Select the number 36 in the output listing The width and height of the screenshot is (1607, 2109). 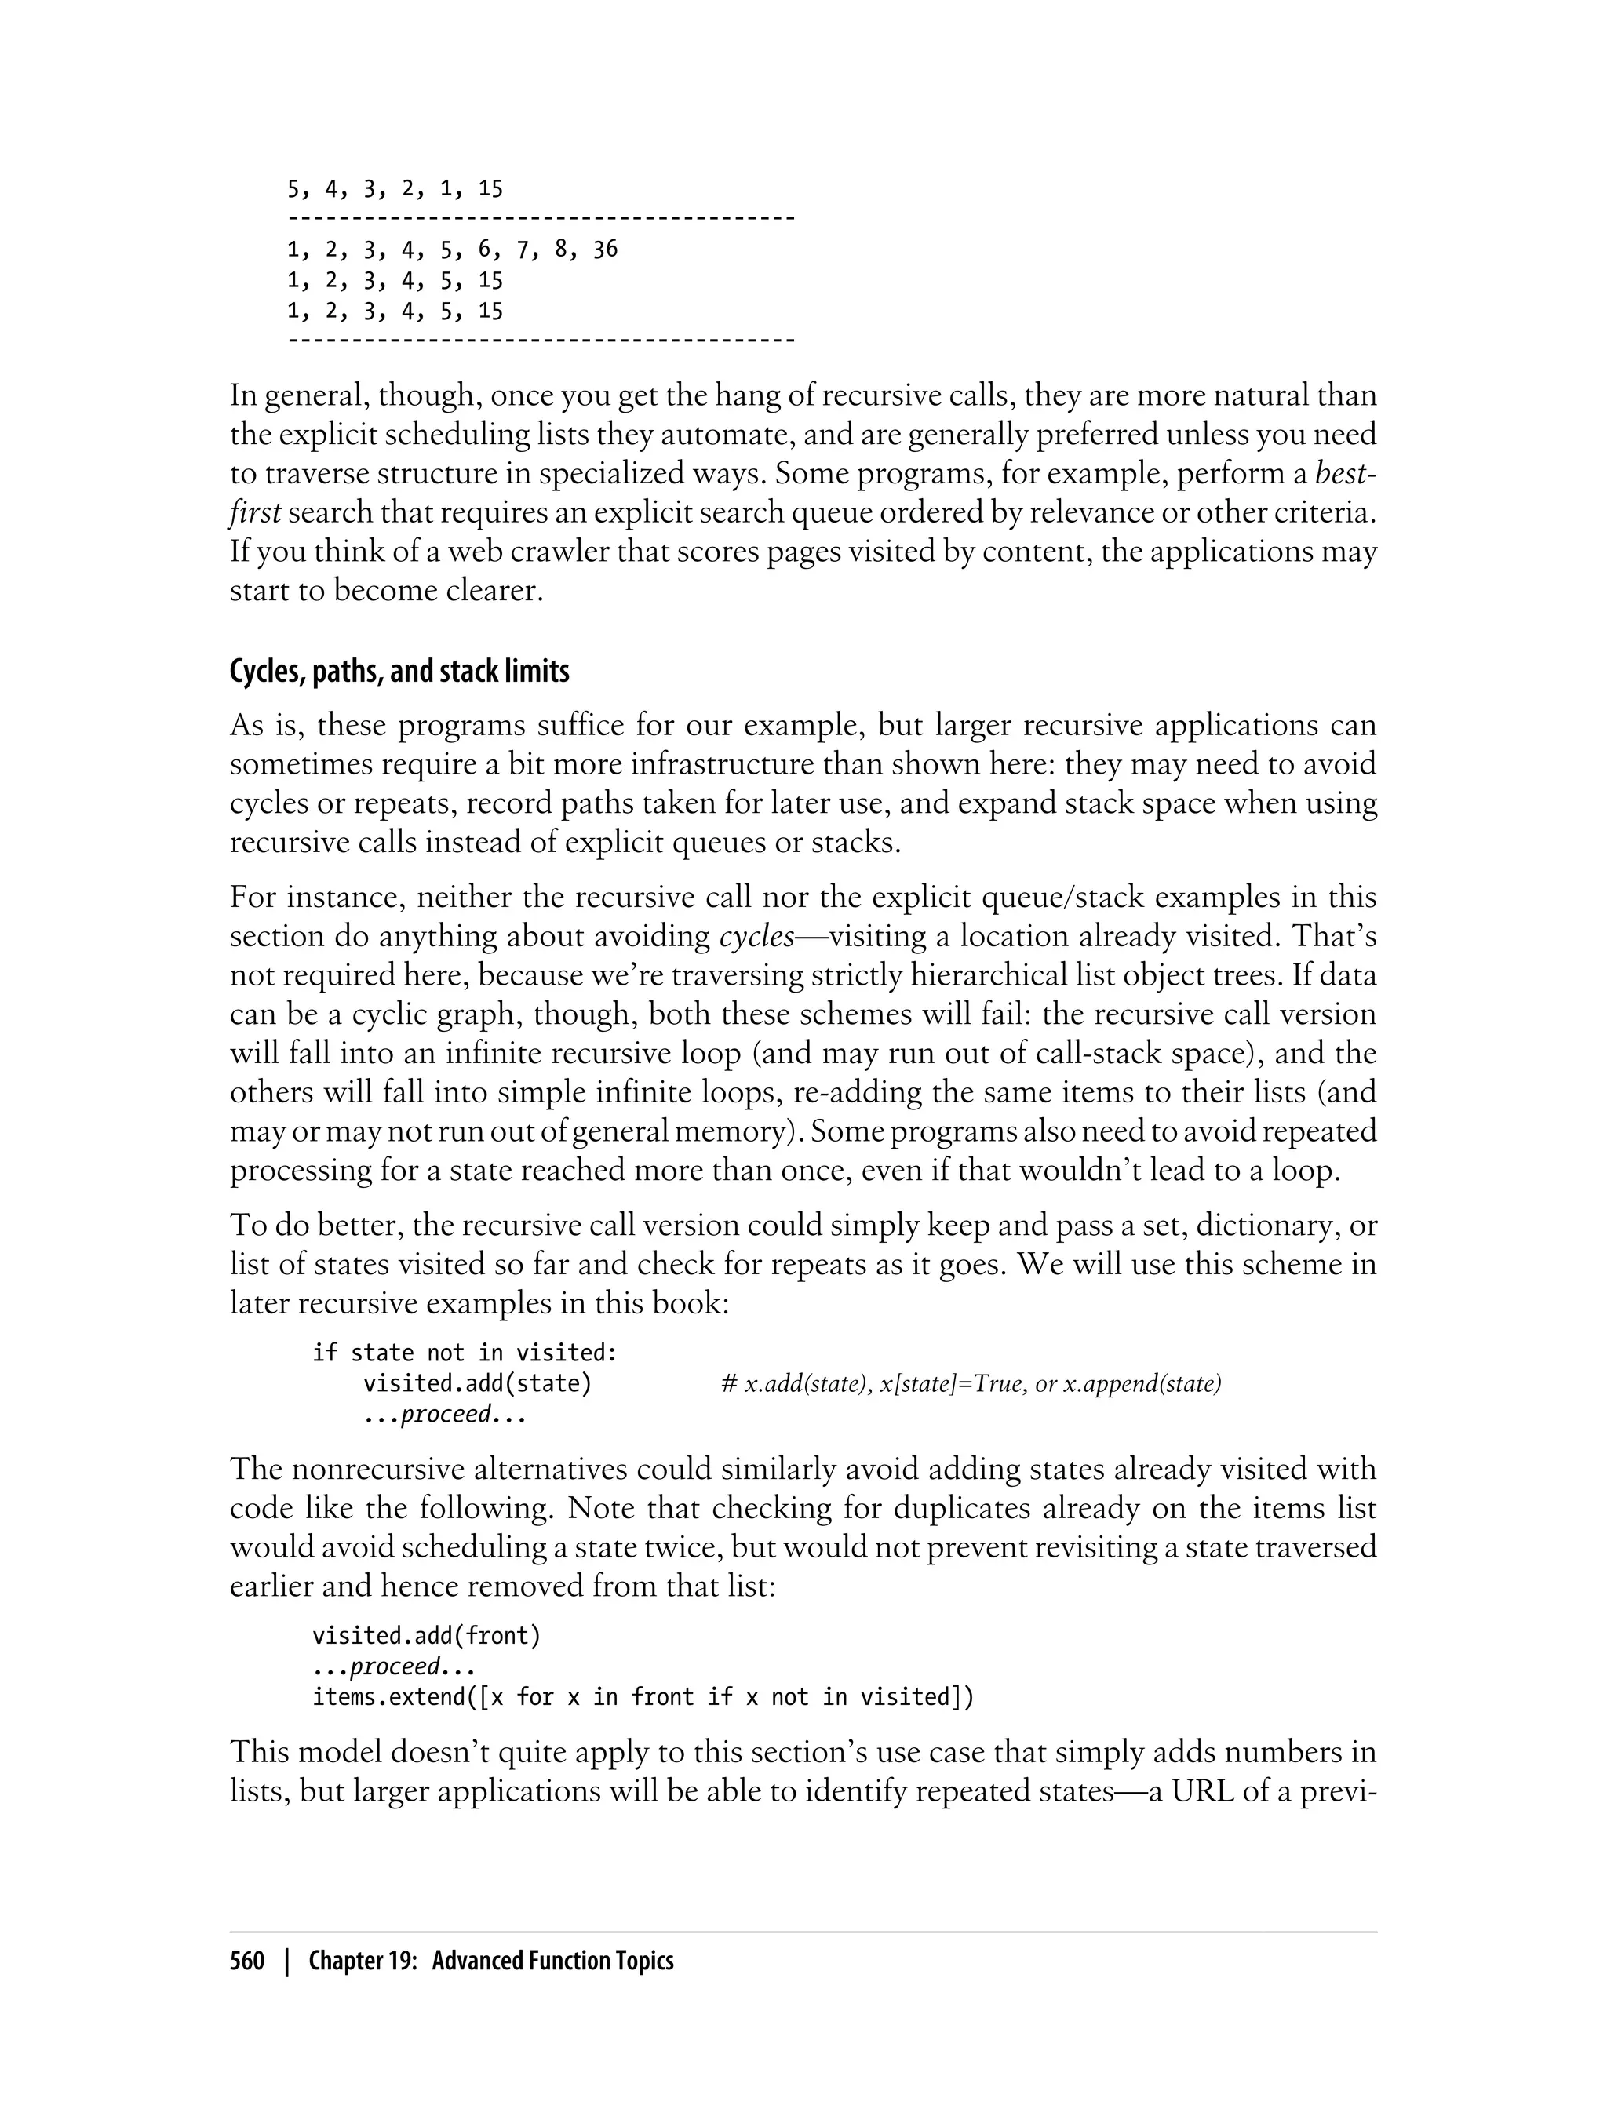coord(604,250)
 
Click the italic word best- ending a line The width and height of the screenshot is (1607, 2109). coord(1346,473)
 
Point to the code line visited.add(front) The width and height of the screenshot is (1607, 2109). coord(427,1637)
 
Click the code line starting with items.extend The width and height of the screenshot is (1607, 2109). coord(643,1698)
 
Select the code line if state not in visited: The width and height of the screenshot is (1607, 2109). coord(465,1353)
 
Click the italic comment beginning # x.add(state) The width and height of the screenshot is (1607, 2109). coord(971,1384)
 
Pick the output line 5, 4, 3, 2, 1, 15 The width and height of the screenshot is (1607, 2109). coord(395,189)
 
